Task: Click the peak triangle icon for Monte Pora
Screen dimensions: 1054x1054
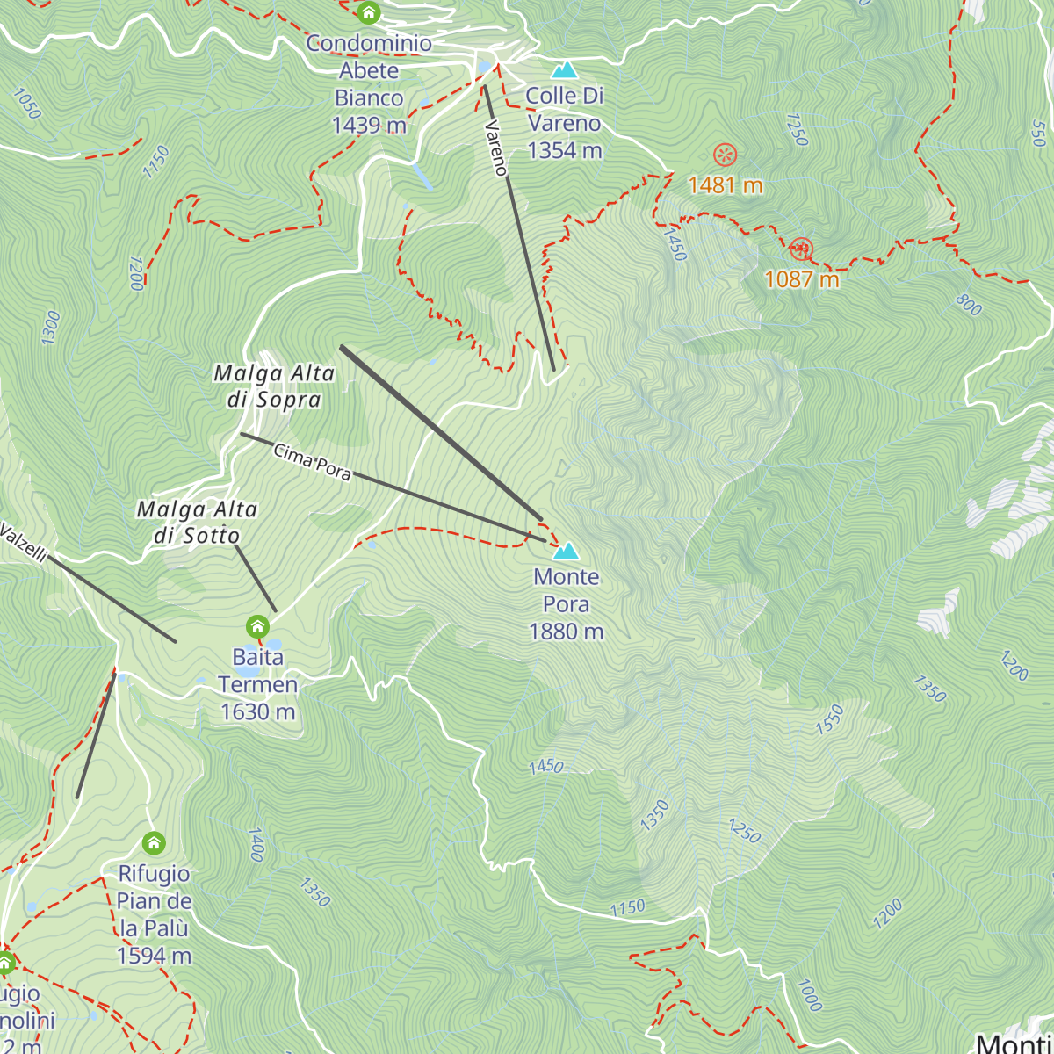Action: point(567,551)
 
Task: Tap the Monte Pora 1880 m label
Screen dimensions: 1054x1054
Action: point(567,604)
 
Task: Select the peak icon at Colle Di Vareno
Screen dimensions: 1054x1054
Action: point(565,70)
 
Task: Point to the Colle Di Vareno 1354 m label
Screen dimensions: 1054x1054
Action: point(565,123)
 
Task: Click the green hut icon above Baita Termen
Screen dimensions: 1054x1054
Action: point(257,626)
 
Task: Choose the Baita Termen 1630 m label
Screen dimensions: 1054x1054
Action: point(258,684)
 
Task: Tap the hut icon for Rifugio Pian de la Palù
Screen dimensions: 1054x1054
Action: point(154,843)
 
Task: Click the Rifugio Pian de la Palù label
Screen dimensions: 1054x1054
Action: point(155,914)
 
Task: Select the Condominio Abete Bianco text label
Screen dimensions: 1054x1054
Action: point(369,84)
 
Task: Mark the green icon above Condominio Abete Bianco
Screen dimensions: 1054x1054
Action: point(369,12)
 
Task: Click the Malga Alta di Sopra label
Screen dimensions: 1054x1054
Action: point(274,386)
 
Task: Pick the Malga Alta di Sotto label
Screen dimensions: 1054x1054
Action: point(197,523)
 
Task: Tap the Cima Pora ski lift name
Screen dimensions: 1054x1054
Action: point(313,462)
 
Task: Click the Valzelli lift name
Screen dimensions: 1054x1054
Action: point(23,543)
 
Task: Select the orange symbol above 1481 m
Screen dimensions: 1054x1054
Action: point(725,155)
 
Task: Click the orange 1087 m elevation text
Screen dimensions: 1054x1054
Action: point(802,279)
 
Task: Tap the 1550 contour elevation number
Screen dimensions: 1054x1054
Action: point(829,719)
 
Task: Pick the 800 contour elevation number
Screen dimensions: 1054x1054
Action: point(968,305)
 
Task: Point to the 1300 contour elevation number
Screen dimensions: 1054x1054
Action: point(51,327)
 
